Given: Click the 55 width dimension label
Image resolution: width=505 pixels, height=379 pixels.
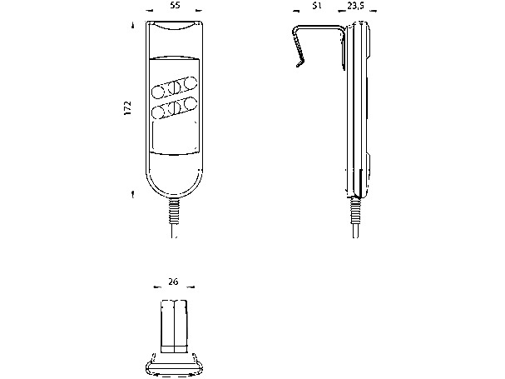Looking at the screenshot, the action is coord(174,5).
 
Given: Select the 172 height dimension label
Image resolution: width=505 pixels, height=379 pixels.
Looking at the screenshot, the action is coord(127,108).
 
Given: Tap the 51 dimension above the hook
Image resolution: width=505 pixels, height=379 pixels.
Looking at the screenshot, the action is coord(317,6).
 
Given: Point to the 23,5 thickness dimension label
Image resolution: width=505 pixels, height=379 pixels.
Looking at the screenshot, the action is coord(355,6).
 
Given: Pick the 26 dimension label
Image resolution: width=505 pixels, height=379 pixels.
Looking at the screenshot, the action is coord(173,282).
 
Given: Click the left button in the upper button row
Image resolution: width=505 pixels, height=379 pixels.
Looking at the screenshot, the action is coord(158,92).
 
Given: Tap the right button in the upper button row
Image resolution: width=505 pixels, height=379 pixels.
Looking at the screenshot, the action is coord(191,82).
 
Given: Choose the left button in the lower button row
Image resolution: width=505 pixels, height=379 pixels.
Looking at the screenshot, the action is coord(158,112).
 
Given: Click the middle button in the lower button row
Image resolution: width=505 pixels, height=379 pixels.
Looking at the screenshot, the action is coord(174,107).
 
